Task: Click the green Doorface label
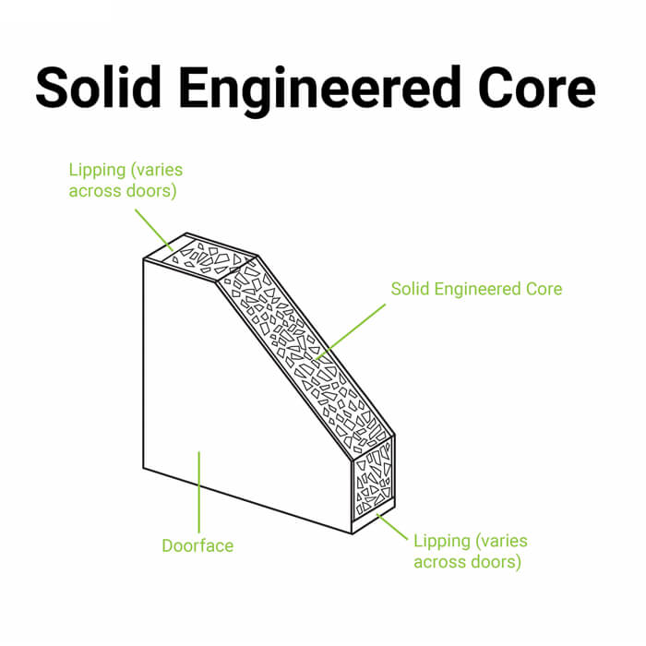pos(197,545)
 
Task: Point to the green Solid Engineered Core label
pos(476,289)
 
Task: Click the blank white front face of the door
pos(231,397)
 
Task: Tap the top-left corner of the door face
pos(144,259)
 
